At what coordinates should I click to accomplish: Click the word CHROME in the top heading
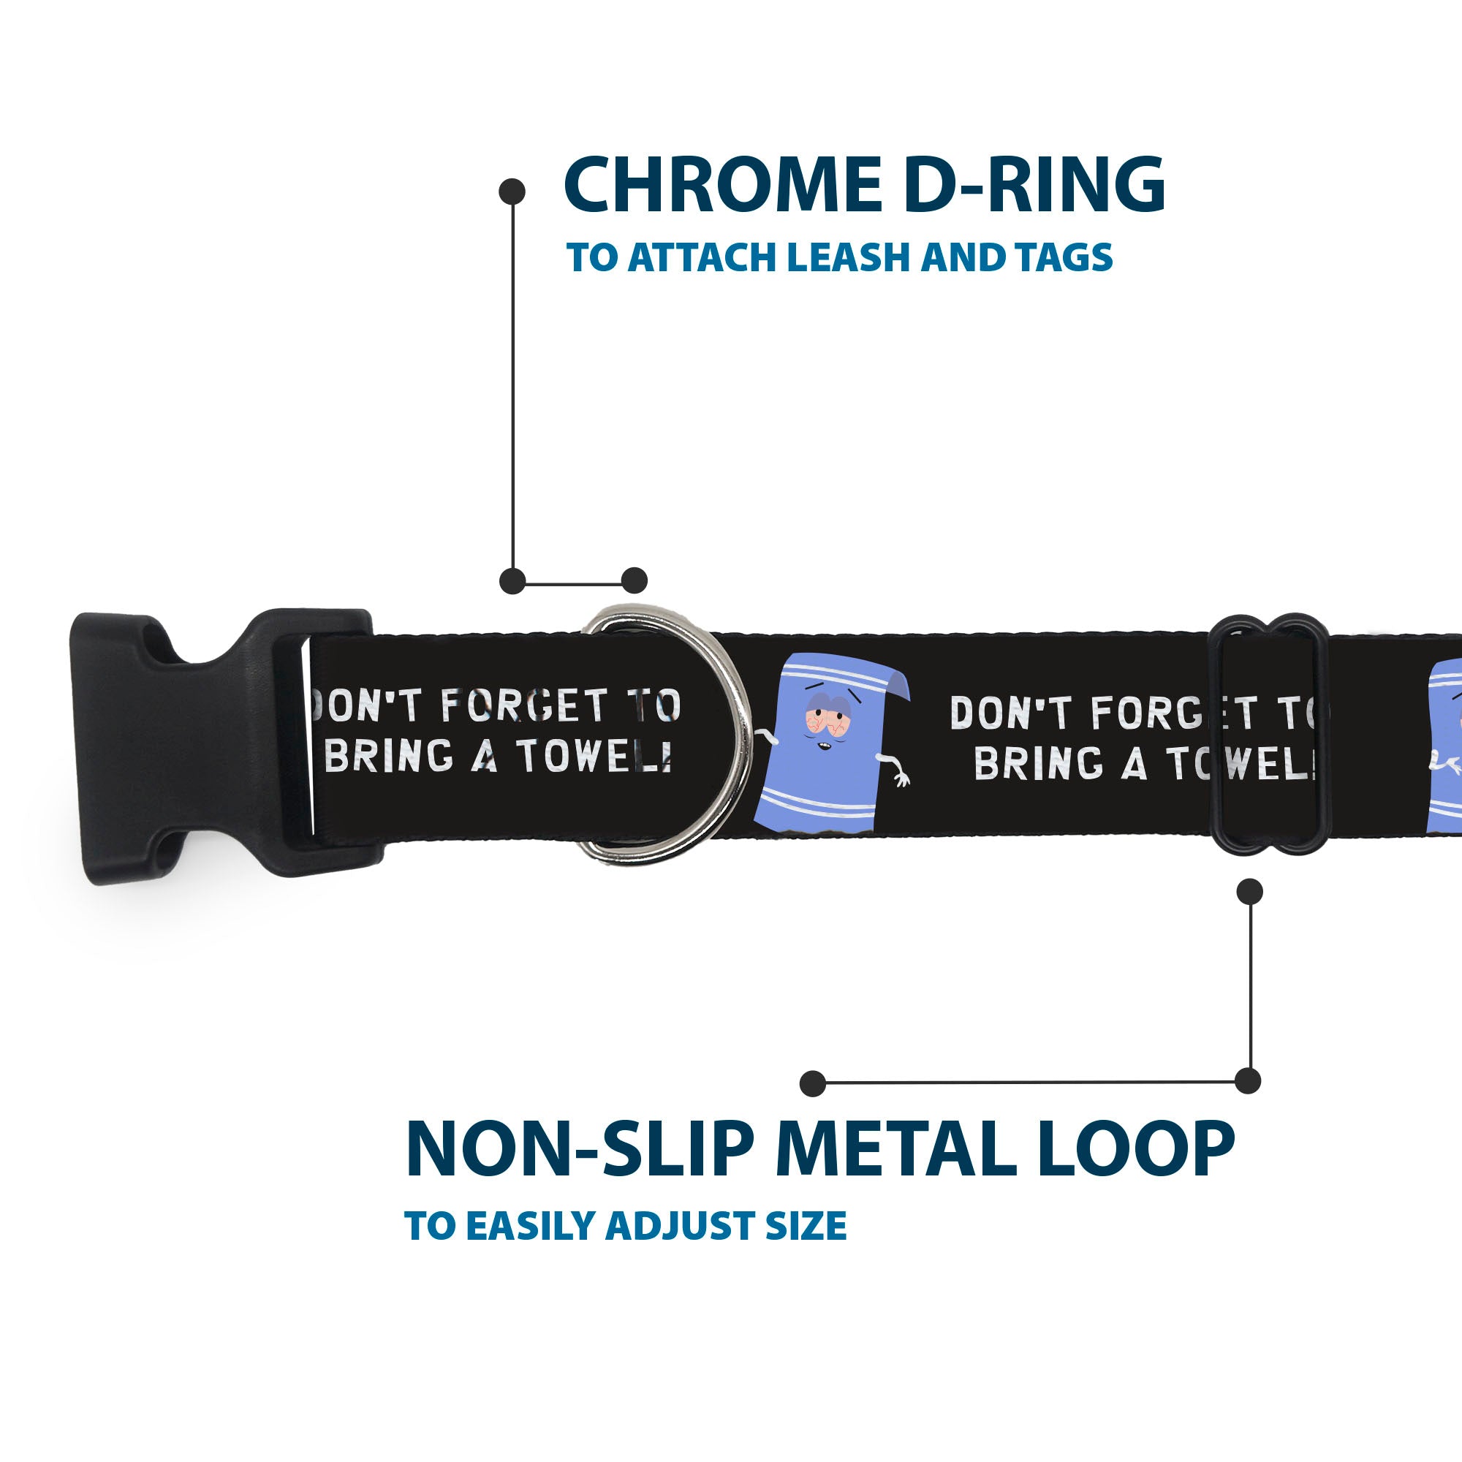(722, 185)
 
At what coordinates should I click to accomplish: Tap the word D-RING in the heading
(1034, 185)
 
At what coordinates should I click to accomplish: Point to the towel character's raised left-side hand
(766, 735)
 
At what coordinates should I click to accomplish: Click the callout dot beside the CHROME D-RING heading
(512, 192)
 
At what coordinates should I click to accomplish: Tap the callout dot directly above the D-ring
(634, 580)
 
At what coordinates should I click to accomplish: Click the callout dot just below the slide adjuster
(1249, 891)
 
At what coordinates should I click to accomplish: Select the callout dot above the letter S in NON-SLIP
(812, 1083)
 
